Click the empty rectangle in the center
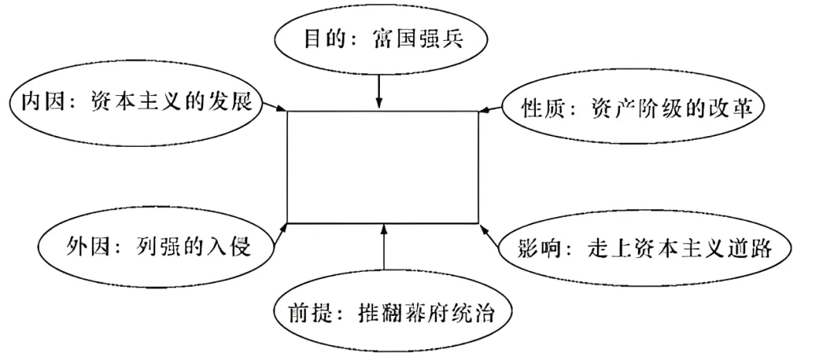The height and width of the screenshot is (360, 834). point(382,166)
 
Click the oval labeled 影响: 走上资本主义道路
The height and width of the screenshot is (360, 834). point(646,249)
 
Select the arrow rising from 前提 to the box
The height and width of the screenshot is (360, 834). point(384,252)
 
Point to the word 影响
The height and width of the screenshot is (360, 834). point(543,249)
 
